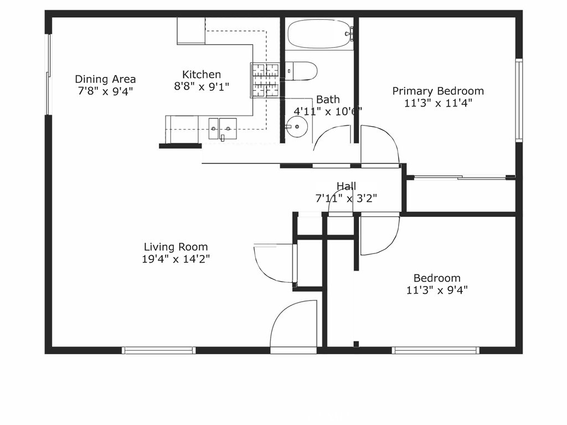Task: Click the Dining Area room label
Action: pyautogui.click(x=105, y=79)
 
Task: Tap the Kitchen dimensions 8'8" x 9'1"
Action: pyautogui.click(x=202, y=86)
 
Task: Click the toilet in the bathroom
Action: pyautogui.click(x=302, y=71)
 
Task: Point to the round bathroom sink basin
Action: pyautogui.click(x=298, y=127)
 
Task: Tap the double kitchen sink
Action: pyautogui.click(x=223, y=128)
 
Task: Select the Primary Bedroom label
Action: pyautogui.click(x=438, y=91)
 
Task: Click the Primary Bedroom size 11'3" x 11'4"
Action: pyautogui.click(x=438, y=103)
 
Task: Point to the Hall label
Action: pyautogui.click(x=346, y=186)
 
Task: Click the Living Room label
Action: pyautogui.click(x=176, y=247)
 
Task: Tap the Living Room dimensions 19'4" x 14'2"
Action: pyautogui.click(x=176, y=259)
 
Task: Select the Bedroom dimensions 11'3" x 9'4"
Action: pyautogui.click(x=437, y=290)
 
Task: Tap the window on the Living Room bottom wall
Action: pyautogui.click(x=158, y=350)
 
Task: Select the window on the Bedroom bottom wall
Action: pyautogui.click(x=435, y=350)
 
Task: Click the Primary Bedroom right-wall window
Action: pyautogui.click(x=519, y=100)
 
